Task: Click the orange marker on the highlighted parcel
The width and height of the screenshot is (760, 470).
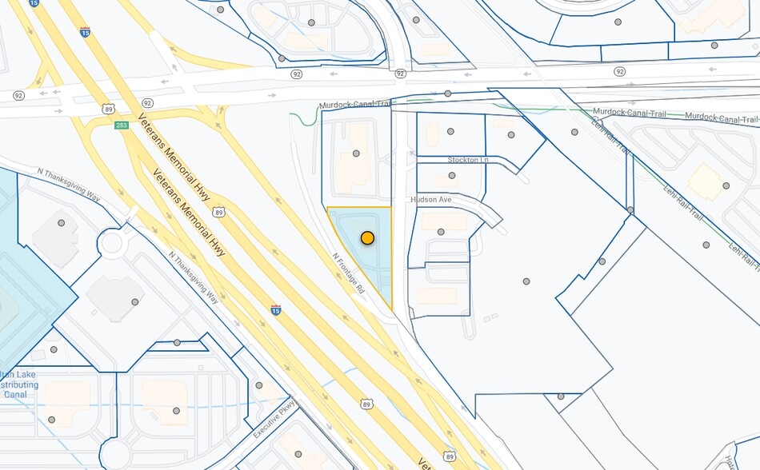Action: [x=367, y=237]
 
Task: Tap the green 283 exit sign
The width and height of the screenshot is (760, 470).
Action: [x=122, y=125]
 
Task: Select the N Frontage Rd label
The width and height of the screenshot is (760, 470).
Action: [x=349, y=273]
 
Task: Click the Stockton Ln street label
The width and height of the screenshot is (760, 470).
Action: [x=468, y=160]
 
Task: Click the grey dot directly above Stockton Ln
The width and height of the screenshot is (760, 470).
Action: [x=450, y=131]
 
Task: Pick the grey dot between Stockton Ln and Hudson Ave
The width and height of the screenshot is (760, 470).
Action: [x=452, y=175]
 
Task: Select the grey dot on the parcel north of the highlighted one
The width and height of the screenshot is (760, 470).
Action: [x=356, y=153]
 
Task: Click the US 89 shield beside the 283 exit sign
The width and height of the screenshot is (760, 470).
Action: [x=108, y=109]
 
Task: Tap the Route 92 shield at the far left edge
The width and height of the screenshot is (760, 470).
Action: [x=18, y=95]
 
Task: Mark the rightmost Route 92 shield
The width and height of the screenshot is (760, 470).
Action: [x=619, y=72]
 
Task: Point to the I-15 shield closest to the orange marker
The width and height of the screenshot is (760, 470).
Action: [x=275, y=309]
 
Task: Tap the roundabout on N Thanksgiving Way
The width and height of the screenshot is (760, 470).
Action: [x=114, y=242]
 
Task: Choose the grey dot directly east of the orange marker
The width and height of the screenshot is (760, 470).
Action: [x=441, y=232]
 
